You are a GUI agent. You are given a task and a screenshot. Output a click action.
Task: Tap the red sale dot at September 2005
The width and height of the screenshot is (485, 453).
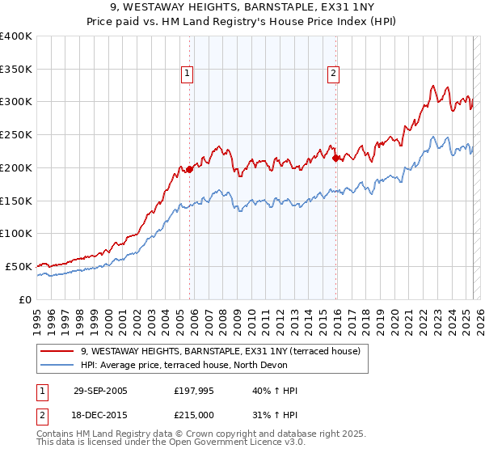pos(190,169)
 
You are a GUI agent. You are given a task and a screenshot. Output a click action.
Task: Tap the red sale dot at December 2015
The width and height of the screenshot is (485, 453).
pos(336,158)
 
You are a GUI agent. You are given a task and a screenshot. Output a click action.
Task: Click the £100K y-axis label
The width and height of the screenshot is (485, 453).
pos(16,234)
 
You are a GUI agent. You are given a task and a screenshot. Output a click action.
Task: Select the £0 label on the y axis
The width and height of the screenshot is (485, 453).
pos(26,299)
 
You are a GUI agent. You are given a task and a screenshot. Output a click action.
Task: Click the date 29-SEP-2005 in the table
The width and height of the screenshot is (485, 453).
pos(100,391)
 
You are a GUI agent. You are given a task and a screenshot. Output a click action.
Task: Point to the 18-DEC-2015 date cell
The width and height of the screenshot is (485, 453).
pos(100,415)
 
